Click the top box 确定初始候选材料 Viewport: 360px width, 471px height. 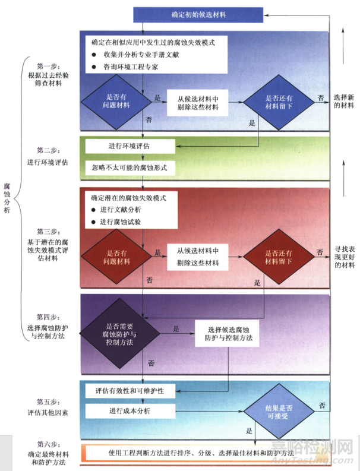click(x=198, y=13)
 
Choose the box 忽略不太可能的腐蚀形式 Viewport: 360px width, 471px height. click(x=130, y=167)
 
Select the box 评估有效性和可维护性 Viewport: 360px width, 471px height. click(x=130, y=392)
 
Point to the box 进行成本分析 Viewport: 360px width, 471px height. click(x=130, y=411)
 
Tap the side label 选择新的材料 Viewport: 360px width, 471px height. click(x=343, y=101)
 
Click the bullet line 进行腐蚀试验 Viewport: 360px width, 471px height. click(x=125, y=222)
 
